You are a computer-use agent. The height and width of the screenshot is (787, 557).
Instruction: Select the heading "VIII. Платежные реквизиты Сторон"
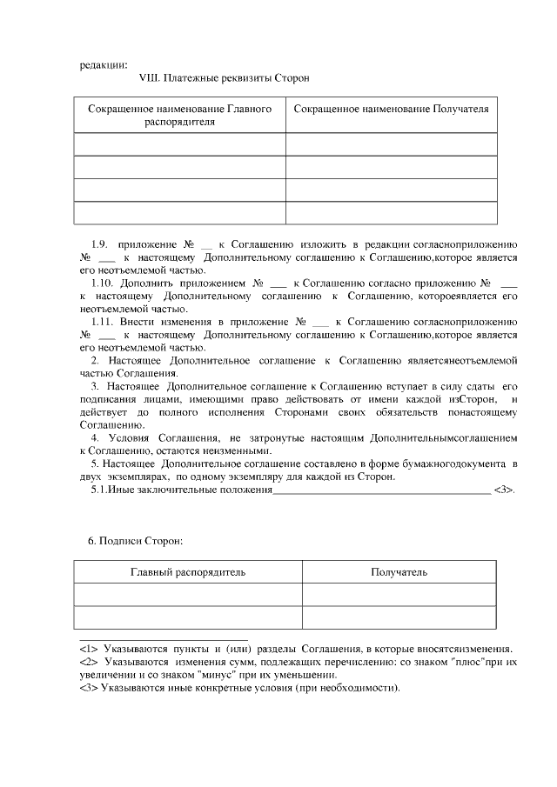click(x=224, y=78)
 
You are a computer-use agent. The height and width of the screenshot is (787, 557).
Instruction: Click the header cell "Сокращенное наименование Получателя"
click(x=391, y=110)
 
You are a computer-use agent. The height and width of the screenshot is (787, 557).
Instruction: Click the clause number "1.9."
click(x=99, y=244)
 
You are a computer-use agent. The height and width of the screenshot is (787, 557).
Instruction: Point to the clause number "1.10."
click(x=103, y=283)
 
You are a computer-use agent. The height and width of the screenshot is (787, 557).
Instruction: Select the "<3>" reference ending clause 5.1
click(x=504, y=490)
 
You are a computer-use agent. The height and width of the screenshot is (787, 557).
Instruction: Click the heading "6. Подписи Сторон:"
click(x=135, y=541)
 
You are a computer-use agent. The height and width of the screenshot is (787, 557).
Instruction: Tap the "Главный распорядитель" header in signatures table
click(x=187, y=572)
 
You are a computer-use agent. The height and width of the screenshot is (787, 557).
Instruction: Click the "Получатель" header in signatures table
click(x=399, y=572)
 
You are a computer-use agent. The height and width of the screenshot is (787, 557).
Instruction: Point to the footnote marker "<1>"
click(x=88, y=649)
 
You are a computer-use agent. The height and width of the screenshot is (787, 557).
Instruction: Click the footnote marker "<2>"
click(x=88, y=662)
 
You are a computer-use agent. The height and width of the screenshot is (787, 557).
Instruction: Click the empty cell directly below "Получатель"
click(x=399, y=595)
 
